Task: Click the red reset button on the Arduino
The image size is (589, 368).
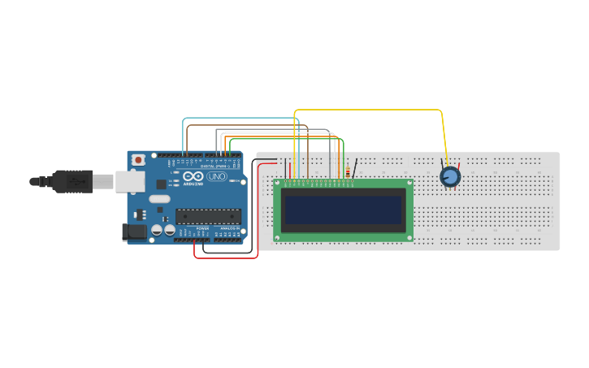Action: (138, 160)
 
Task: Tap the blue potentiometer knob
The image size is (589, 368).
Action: (450, 176)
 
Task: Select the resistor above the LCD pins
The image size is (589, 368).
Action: (349, 172)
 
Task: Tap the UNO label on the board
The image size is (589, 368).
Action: (217, 176)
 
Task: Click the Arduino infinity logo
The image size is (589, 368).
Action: (194, 176)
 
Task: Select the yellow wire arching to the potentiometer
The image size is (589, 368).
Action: (366, 110)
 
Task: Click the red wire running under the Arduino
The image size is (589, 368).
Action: (226, 258)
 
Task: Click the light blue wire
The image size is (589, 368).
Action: (185, 130)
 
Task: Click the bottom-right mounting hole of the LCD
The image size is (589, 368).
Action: (409, 237)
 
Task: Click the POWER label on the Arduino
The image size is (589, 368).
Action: (201, 229)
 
